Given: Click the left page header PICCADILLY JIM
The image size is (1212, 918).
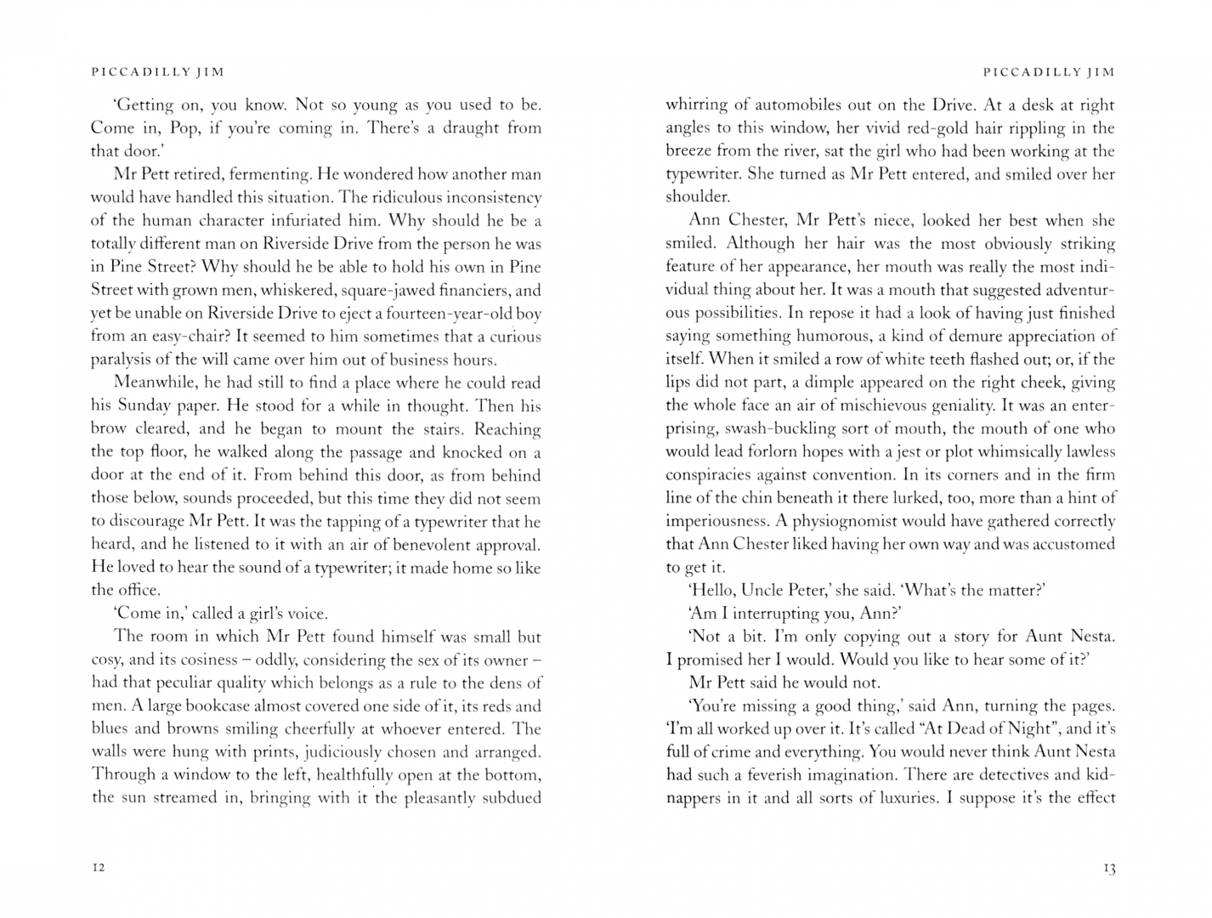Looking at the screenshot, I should point(157,72).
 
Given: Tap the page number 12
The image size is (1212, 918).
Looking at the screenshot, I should point(98,867).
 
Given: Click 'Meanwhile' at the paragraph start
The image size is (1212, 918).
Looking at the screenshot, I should point(152,383).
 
